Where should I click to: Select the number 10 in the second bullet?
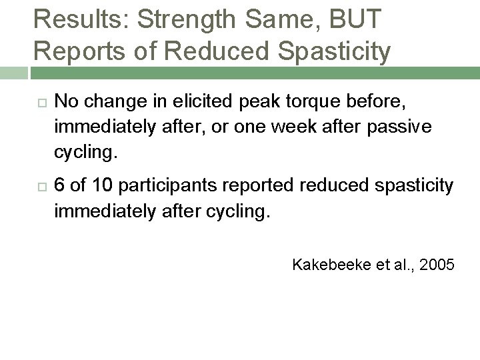pyautogui.click(x=103, y=186)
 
